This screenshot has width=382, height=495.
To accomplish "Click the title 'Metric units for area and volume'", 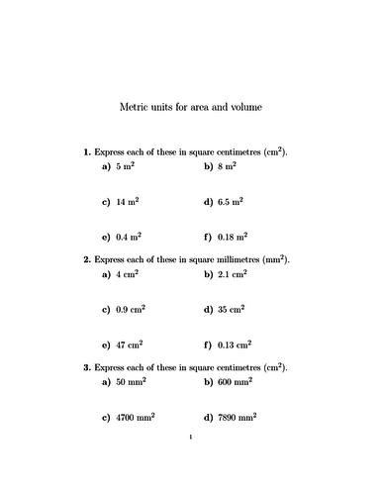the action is click(x=191, y=106).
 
